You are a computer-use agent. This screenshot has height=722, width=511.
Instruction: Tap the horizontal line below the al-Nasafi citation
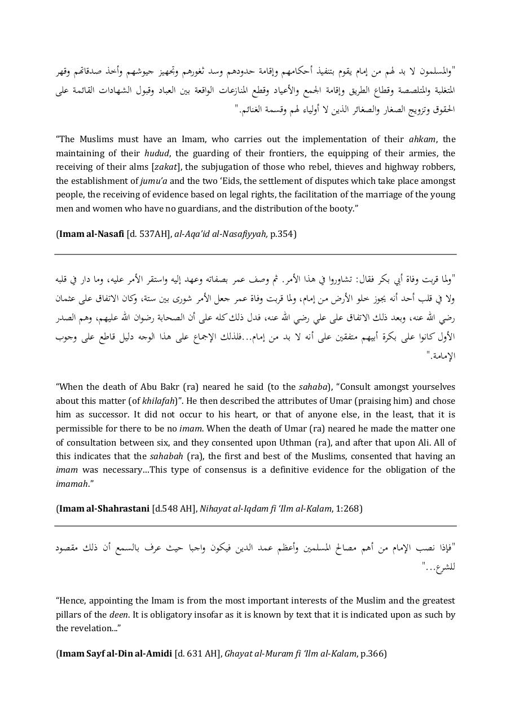[x=255, y=254]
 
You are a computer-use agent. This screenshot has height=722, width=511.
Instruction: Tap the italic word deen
[x=118, y=615]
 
